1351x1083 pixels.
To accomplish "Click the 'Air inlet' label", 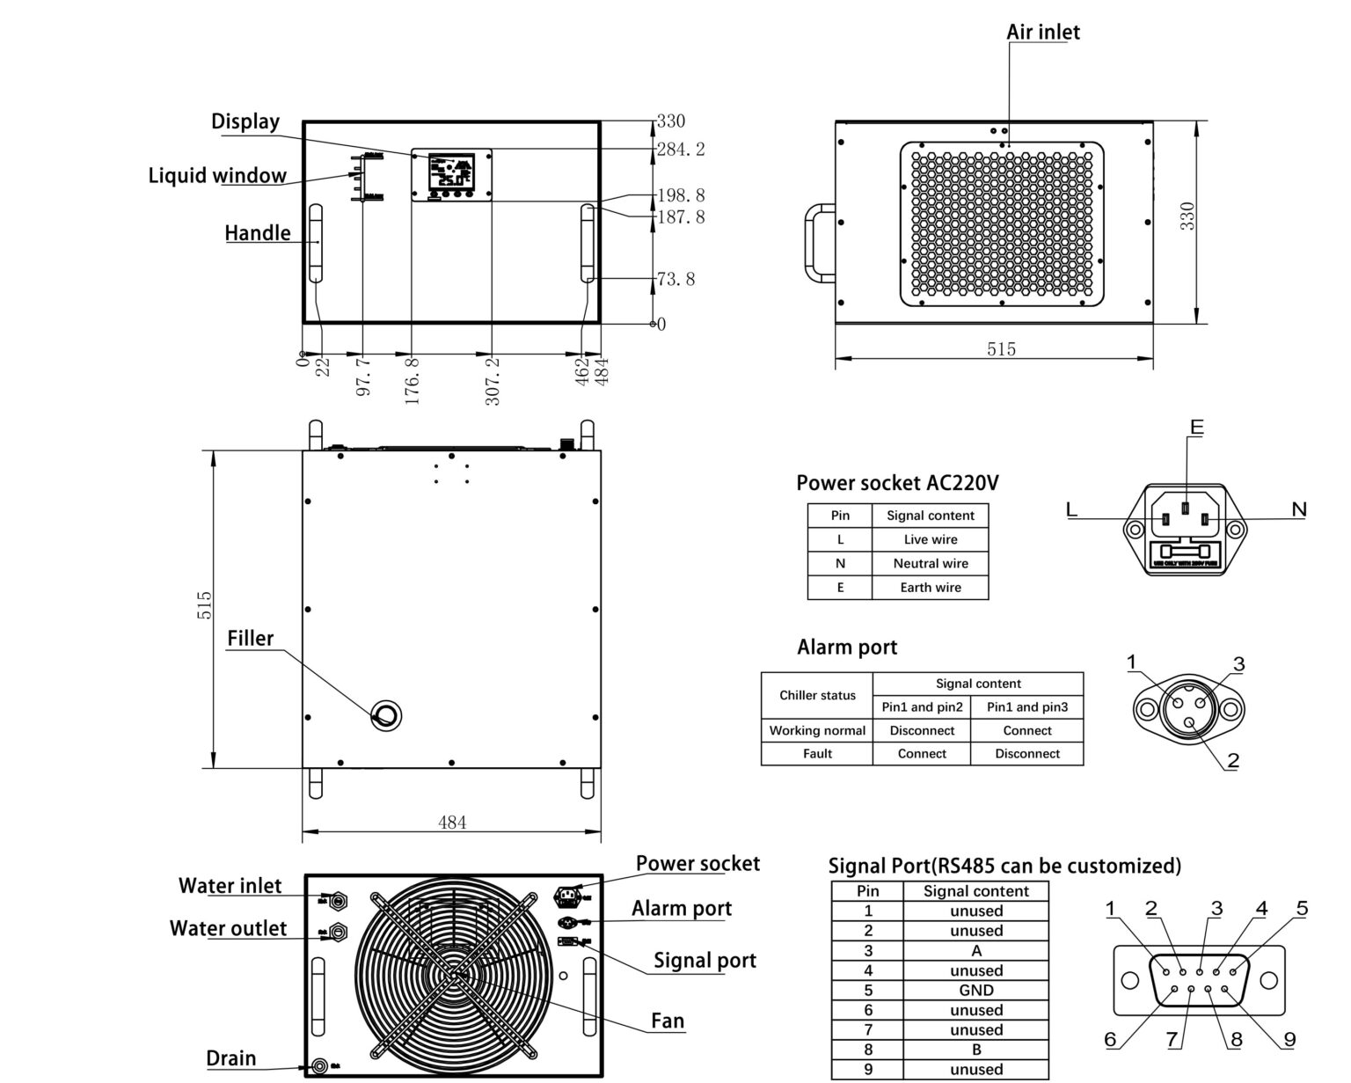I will point(1042,33).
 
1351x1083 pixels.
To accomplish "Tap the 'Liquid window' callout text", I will point(217,175).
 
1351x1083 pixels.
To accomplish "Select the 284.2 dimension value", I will point(681,150).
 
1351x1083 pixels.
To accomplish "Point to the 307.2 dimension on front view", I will point(493,380).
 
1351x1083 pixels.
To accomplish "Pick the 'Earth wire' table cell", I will point(930,588).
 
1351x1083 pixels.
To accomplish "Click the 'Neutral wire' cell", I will point(930,563).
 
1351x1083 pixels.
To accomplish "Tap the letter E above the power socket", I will point(1195,428).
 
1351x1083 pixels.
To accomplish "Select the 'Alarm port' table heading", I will point(846,648).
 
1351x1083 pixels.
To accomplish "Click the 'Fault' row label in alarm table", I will point(816,754).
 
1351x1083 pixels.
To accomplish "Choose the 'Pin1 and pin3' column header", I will point(1026,707).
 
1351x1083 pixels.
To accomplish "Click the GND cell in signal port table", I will point(975,991).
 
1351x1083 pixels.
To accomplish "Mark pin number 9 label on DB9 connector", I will point(1289,1040).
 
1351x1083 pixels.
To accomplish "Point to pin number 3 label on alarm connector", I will point(1238,664).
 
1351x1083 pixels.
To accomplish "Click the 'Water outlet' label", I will point(228,929).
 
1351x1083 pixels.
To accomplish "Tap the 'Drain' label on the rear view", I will point(231,1057).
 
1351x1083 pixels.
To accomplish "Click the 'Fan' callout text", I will point(668,1021).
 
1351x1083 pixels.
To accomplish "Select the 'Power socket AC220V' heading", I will point(897,483).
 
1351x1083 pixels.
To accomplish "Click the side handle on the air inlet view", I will point(818,244).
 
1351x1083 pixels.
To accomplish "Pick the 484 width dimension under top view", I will point(452,823).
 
